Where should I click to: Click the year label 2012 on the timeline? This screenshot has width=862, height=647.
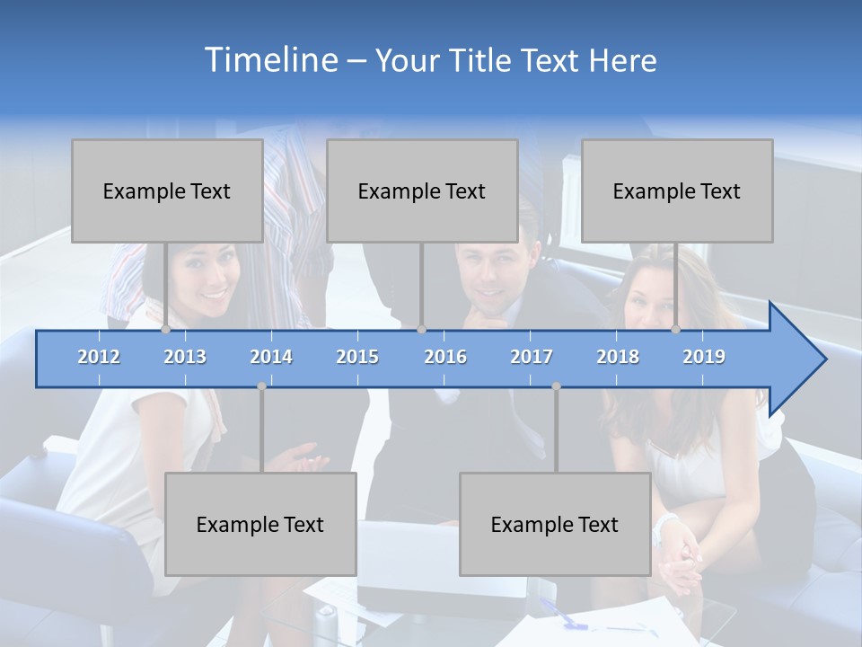pos(99,357)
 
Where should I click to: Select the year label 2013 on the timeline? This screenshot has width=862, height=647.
pos(185,357)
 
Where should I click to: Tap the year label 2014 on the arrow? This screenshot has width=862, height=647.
pos(271,357)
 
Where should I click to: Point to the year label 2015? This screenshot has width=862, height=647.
pos(357,357)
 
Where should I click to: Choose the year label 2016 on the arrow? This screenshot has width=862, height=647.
pos(445,357)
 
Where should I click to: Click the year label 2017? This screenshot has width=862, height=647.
pos(532,357)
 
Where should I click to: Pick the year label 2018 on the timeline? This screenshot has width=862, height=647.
pos(618,357)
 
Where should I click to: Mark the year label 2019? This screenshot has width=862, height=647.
pos(704,357)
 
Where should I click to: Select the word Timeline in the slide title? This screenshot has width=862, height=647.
pos(270,60)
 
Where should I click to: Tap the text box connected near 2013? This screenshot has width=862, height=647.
pos(167,191)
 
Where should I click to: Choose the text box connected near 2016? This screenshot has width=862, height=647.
pos(422,191)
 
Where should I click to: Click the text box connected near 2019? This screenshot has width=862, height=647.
pos(677,191)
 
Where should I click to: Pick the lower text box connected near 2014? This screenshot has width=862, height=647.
pos(260,524)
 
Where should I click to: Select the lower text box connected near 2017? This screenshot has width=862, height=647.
pos(555,524)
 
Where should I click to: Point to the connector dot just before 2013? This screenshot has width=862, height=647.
pos(166,330)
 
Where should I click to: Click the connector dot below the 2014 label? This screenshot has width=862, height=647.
pos(261,386)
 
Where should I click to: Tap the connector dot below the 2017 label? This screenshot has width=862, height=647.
pos(556,386)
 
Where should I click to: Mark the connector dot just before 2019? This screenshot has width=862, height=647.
pos(676,330)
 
